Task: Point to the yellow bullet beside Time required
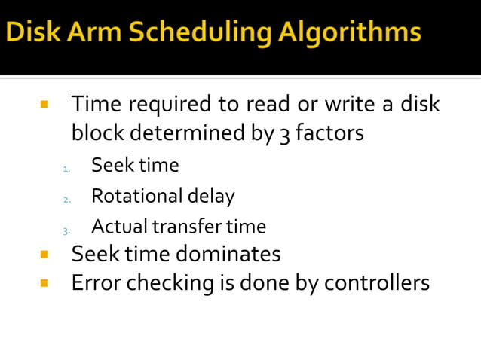[44, 103]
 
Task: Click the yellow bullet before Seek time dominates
[44, 254]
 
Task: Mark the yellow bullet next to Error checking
[44, 283]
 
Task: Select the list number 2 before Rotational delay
[66, 200]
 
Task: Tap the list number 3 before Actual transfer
[66, 230]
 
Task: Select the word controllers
[377, 283]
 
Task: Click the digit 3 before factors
[285, 134]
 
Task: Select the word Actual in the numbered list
[119, 226]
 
